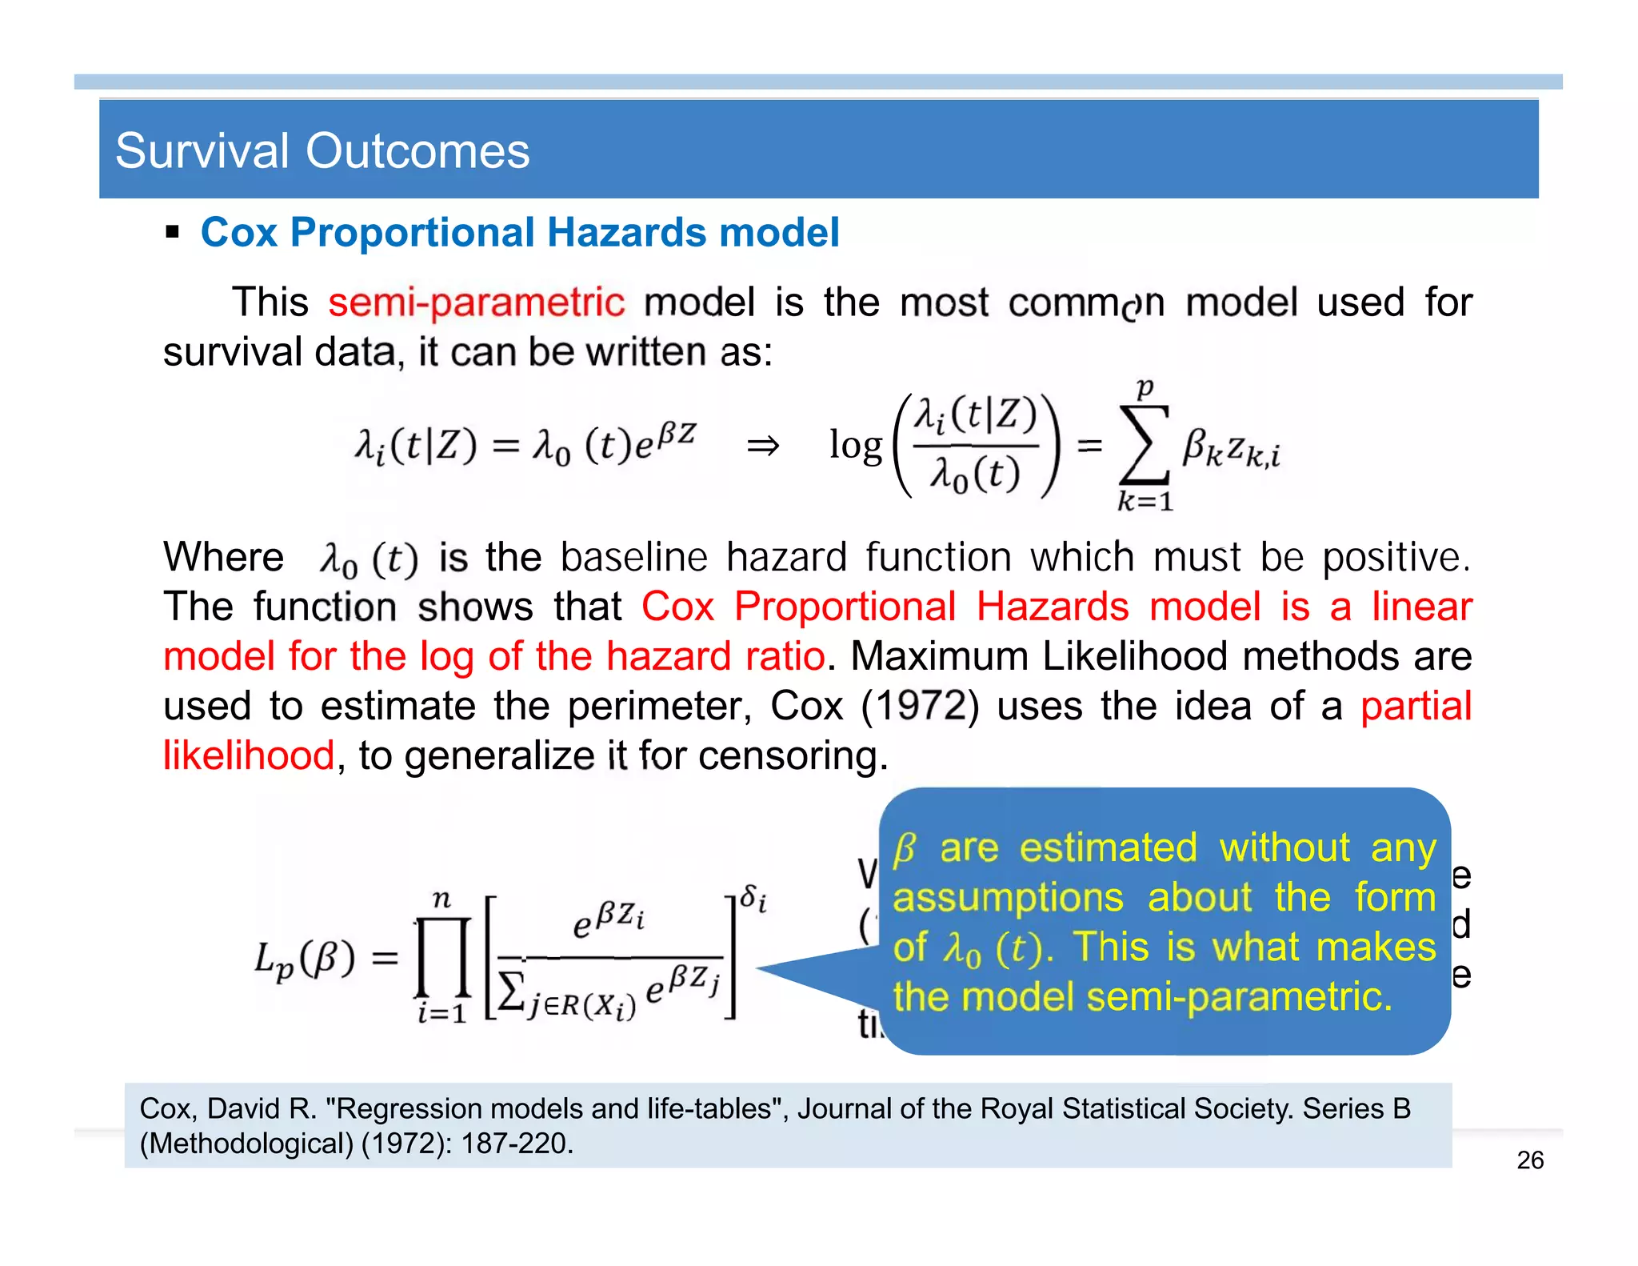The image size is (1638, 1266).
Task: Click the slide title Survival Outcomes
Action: (x=322, y=150)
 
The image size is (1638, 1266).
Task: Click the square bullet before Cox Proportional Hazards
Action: (x=171, y=233)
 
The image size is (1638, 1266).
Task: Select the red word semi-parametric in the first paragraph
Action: (x=476, y=302)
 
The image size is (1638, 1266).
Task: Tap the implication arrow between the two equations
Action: (x=762, y=446)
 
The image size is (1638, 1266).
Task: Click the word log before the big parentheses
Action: (x=855, y=445)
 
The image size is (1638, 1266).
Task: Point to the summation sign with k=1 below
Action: (x=1145, y=445)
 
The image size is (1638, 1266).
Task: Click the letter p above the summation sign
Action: (x=1145, y=388)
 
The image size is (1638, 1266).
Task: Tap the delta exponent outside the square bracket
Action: (x=753, y=898)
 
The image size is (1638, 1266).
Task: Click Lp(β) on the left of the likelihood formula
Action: (x=304, y=958)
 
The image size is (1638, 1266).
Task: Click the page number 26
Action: (x=1529, y=1160)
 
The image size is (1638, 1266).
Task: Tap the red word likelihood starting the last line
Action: (x=248, y=755)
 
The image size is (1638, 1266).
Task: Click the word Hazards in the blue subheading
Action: (x=626, y=233)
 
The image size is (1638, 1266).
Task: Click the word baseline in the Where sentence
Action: (x=633, y=557)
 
